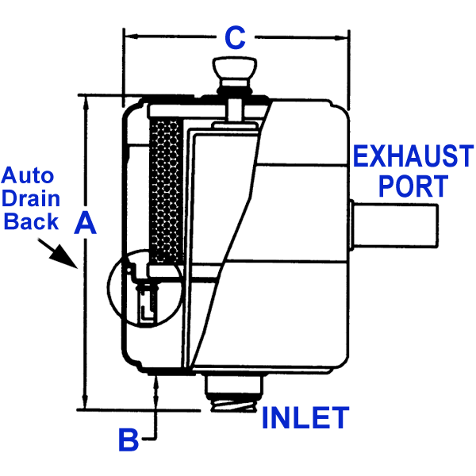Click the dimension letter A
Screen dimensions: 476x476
click(x=86, y=223)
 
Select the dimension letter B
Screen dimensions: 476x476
click(x=128, y=440)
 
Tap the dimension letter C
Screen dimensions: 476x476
click(x=235, y=37)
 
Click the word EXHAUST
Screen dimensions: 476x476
click(x=413, y=155)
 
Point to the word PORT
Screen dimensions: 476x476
click(x=413, y=186)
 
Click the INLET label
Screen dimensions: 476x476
click(x=305, y=417)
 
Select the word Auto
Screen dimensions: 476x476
click(x=28, y=175)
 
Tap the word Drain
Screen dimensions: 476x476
click(x=31, y=198)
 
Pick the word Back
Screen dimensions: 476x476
click(x=31, y=221)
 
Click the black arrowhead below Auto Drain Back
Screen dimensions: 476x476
click(x=65, y=257)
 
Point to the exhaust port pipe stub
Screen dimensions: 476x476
click(x=393, y=226)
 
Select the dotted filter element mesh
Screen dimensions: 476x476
click(x=167, y=192)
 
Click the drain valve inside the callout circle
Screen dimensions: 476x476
click(x=148, y=303)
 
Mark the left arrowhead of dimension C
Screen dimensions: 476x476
click(x=131, y=36)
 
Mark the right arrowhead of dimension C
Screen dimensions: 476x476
click(x=341, y=38)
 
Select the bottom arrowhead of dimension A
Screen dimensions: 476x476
click(x=85, y=401)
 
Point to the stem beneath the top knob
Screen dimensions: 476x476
click(x=235, y=110)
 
